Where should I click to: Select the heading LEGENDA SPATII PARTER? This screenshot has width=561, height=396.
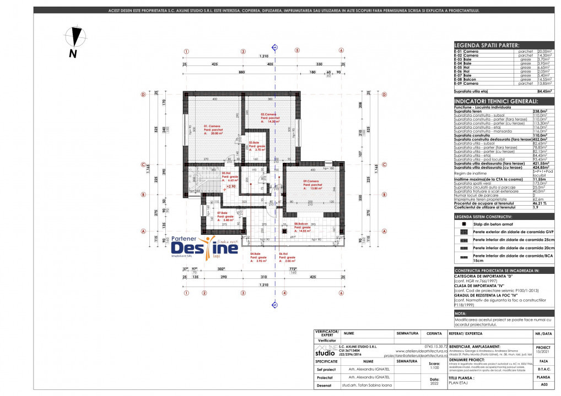(x=486, y=45)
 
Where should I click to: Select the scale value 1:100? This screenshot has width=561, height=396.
(x=434, y=367)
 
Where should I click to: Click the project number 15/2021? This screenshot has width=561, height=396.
(x=542, y=351)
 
